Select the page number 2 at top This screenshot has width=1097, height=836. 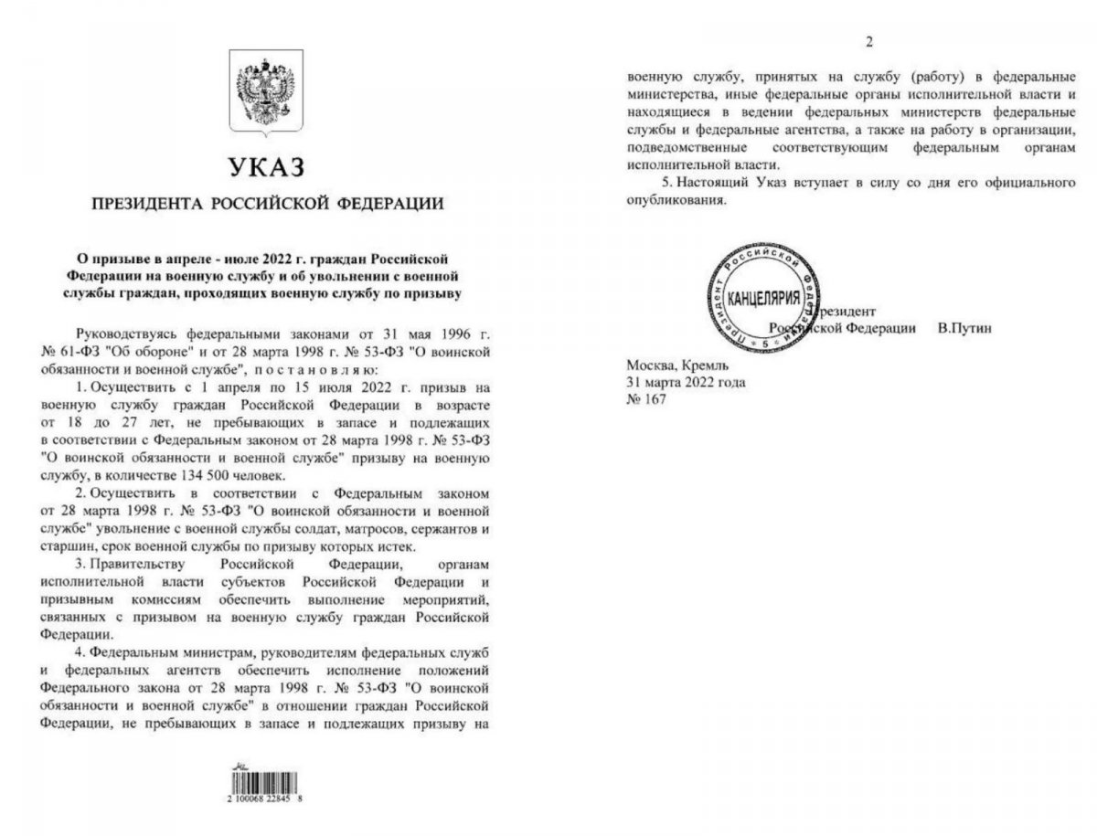869,42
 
